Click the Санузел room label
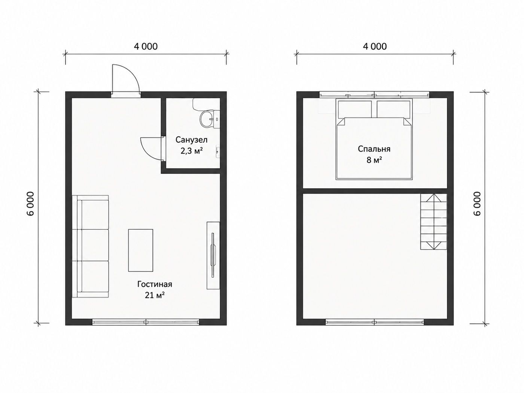click(192, 140)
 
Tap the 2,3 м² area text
click(192, 151)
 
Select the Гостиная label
click(155, 284)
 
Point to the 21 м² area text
click(155, 295)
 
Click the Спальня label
click(374, 149)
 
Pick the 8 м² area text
click(374, 160)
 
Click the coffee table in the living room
click(141, 250)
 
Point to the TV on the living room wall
click(213, 255)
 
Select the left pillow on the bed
click(355, 109)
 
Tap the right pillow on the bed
click(393, 109)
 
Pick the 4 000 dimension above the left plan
click(146, 46)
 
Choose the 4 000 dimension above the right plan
click(375, 46)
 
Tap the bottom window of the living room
click(146, 322)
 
